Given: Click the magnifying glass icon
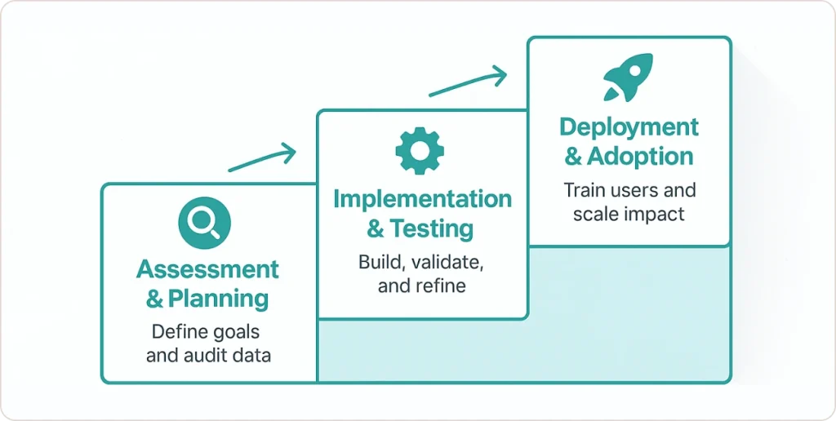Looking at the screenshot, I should point(204,222).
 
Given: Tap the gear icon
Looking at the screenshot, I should point(420,149).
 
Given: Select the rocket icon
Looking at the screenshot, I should point(628,78).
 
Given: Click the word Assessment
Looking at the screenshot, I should point(207,269).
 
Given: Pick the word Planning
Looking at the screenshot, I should point(219,299).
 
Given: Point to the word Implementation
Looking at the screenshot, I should point(422,199).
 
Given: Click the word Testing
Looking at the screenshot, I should point(431,229).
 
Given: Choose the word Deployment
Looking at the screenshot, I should point(629,127).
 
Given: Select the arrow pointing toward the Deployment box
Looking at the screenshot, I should point(467,82).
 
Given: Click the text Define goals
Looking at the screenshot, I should point(207,332).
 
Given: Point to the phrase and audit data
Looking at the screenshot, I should point(207,356).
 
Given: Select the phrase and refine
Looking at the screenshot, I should point(422,286).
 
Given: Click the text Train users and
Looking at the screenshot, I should point(629,191).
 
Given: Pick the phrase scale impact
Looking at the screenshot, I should point(629,215).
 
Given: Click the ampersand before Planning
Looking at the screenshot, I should point(154,299).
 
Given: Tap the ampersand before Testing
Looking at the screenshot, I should point(375,229).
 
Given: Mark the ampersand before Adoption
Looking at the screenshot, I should point(574,157).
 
